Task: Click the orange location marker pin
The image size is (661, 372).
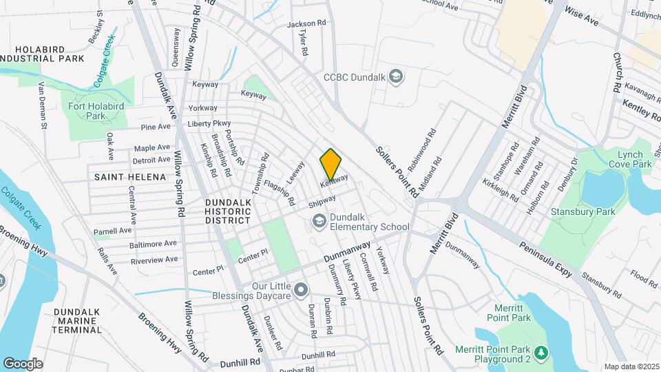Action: coord(330,165)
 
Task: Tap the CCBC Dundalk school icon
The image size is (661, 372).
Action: coord(396,76)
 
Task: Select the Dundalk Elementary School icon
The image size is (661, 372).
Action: coord(319,220)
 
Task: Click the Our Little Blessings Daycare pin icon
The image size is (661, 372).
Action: coord(301,290)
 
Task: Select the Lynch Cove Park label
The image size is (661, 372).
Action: coord(630,159)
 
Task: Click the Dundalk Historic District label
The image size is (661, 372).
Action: coord(227,211)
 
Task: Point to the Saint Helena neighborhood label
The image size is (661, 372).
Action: coord(131,177)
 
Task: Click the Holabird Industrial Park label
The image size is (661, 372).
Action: coord(42,53)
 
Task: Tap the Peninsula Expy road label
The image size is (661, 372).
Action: coord(547,259)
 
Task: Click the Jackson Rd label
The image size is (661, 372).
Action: coord(306,24)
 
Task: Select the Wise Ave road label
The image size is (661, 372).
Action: coord(582,17)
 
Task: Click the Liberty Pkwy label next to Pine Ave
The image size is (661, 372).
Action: coord(209,124)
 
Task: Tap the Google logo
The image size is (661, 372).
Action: coord(23,363)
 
